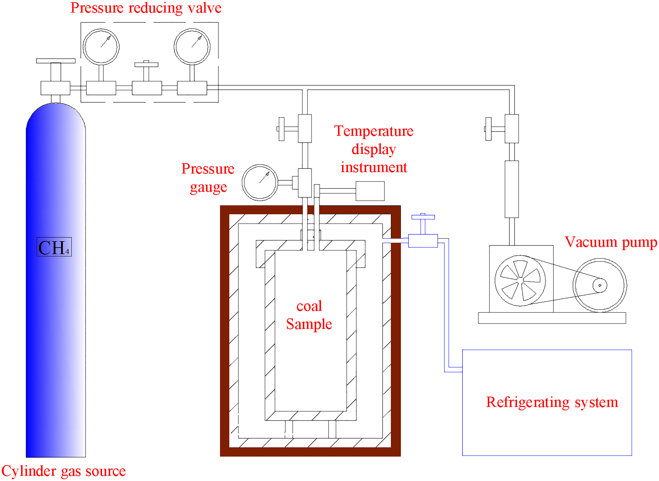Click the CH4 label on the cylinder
point(54,247)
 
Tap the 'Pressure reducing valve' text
point(146,8)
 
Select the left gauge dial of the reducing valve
point(101,47)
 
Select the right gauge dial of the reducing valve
point(192,47)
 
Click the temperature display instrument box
point(370,191)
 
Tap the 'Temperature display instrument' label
point(374,149)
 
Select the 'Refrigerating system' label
point(552,402)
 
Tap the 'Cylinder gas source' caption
point(63,471)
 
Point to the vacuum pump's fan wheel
point(520,281)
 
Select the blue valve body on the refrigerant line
point(423,241)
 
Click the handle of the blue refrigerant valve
point(423,217)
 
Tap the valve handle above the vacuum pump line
point(488,129)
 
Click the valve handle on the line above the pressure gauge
point(281,129)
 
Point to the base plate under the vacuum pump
point(552,318)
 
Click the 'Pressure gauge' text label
point(208,178)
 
